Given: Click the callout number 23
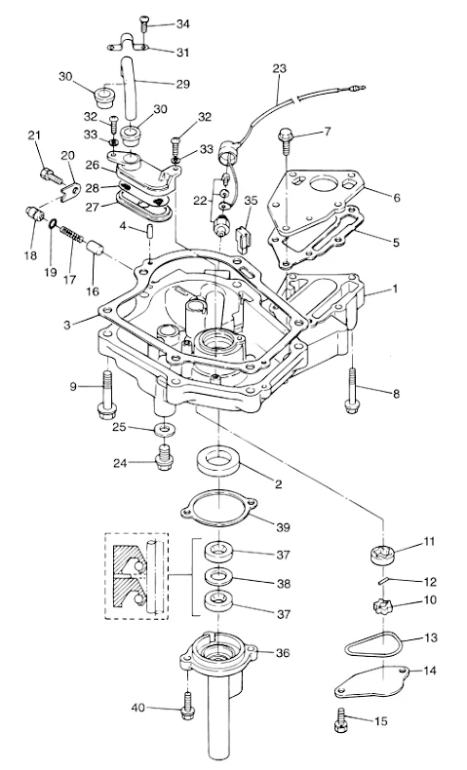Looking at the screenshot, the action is tap(279, 68).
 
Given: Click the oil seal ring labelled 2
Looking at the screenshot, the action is tap(216, 462).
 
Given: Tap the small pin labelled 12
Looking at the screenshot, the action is tap(385, 580).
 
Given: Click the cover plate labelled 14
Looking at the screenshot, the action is tap(373, 679).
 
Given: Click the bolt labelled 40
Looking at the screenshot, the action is tap(187, 707).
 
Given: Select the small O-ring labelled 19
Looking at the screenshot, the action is tap(52, 224).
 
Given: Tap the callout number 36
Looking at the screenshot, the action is tap(283, 653).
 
